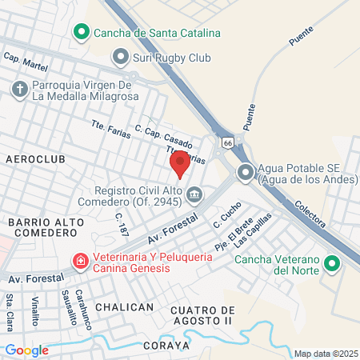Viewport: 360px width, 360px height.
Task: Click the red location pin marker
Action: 180,162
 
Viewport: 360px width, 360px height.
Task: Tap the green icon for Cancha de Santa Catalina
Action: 81,33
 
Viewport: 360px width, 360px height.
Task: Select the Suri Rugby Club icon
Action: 121,57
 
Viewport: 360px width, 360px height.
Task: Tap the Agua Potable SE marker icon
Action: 246,171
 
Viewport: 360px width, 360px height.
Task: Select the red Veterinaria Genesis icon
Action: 81,262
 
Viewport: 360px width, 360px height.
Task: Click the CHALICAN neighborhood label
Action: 123,307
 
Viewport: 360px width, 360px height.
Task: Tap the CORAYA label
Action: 166,346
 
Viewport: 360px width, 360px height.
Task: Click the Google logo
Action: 26,350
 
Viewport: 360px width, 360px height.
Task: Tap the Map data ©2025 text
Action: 326,354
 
